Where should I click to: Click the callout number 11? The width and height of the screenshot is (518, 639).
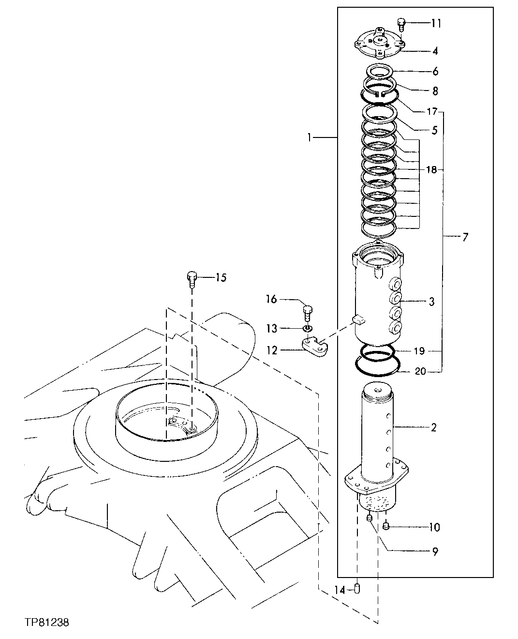[436, 23]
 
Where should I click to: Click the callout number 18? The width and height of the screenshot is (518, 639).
[431, 170]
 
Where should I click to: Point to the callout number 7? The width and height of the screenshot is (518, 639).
[465, 237]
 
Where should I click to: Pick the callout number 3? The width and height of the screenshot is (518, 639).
[431, 302]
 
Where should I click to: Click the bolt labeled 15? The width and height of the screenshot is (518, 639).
[192, 278]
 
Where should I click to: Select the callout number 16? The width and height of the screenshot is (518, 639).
[271, 300]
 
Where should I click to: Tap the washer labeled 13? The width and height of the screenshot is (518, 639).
[307, 329]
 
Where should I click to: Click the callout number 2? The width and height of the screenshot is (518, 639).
[433, 427]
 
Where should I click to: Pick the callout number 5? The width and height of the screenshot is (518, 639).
[434, 130]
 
